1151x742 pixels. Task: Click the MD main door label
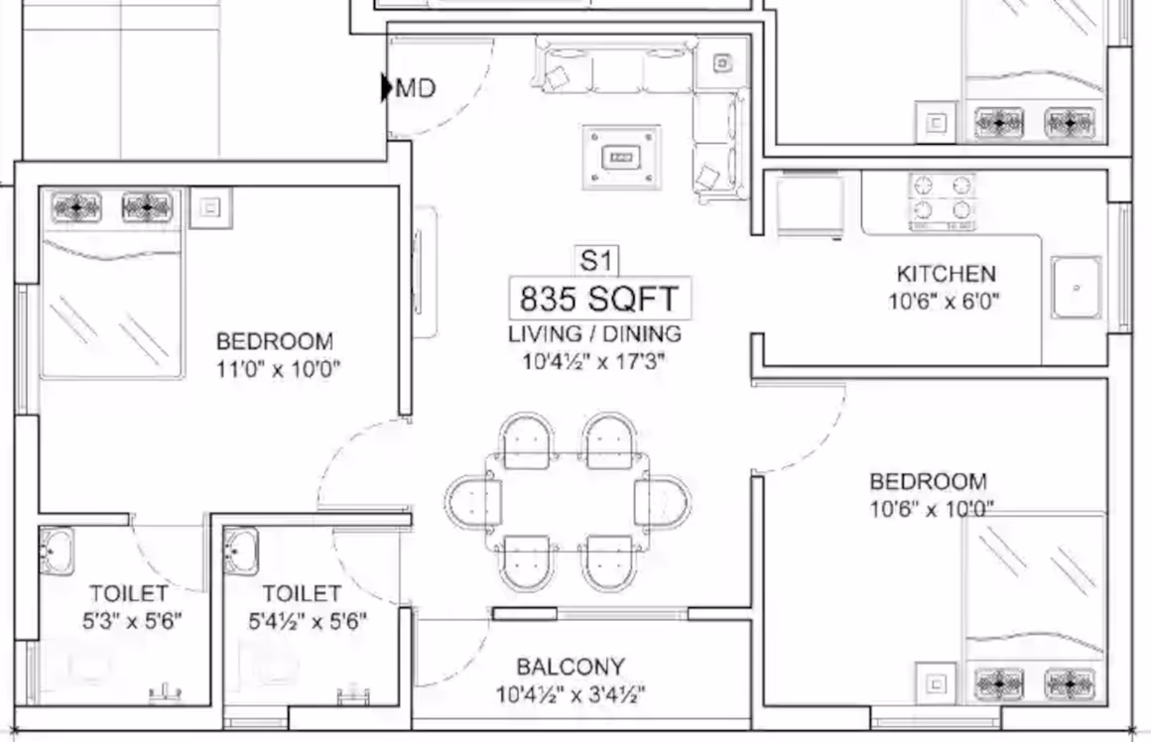point(416,89)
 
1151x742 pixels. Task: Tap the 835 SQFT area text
point(599,299)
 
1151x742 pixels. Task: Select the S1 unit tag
point(595,261)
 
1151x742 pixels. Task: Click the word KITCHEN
point(947,274)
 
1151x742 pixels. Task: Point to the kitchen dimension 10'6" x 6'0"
point(944,301)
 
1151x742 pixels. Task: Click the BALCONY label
point(572,667)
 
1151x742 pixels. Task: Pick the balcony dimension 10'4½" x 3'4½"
point(572,693)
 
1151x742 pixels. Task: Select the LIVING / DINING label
point(594,334)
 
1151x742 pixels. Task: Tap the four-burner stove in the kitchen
point(943,201)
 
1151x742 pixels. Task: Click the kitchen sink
point(1077,287)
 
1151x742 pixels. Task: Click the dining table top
point(568,502)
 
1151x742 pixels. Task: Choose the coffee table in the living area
point(621,157)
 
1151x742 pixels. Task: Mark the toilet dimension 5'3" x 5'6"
point(132,622)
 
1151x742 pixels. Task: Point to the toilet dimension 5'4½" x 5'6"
point(307,622)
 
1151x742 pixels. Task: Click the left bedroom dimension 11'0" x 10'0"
point(278,368)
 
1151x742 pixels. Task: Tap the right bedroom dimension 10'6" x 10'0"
point(932,509)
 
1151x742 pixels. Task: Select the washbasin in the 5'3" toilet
point(57,551)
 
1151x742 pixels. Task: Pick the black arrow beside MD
point(387,87)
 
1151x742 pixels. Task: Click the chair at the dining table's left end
point(472,503)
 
